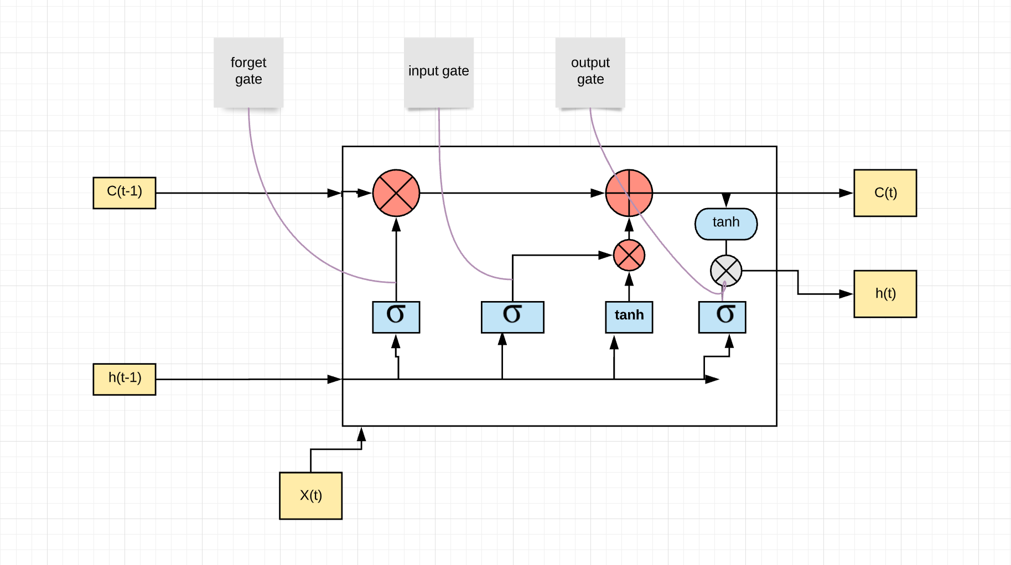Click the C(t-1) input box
click(x=125, y=193)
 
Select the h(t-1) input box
click(x=125, y=379)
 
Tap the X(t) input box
click(x=310, y=495)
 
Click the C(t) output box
click(x=885, y=193)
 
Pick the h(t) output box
click(x=885, y=294)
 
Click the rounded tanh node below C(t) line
click(x=725, y=224)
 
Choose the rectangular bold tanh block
click(x=629, y=317)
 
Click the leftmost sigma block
click(x=396, y=317)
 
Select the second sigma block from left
click(x=512, y=317)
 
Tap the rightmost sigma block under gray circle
click(x=722, y=317)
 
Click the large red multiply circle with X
click(x=396, y=193)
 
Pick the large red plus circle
click(x=629, y=193)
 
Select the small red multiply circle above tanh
click(x=629, y=255)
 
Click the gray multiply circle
click(x=725, y=271)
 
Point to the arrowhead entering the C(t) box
click(x=846, y=193)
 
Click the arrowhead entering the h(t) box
click(x=846, y=294)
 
